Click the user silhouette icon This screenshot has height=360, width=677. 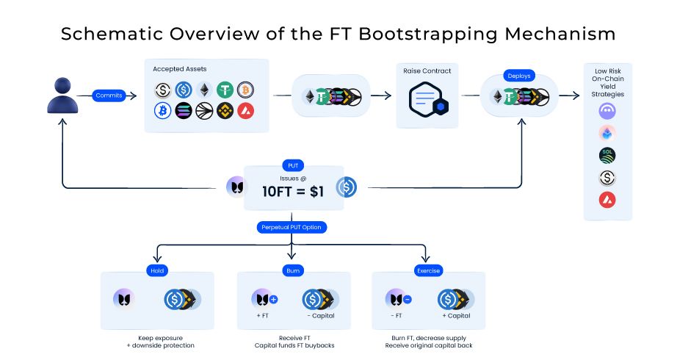(62, 95)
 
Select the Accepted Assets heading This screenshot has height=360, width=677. (180, 69)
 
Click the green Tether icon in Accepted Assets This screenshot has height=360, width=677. (225, 90)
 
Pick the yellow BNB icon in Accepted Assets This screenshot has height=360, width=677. (225, 112)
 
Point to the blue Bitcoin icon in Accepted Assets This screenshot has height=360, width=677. (163, 112)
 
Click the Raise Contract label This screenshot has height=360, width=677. (427, 71)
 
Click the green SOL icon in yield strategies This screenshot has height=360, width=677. (607, 155)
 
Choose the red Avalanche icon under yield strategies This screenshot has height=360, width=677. (607, 200)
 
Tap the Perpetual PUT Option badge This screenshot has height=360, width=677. (292, 228)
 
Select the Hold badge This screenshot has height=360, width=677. (156, 270)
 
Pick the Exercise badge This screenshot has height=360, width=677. (429, 270)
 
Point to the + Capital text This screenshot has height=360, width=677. (455, 316)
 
